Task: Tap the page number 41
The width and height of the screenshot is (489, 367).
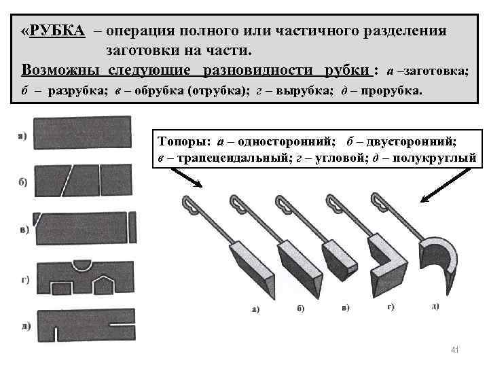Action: click(x=455, y=349)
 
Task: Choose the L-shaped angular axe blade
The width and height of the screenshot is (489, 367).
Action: click(x=389, y=261)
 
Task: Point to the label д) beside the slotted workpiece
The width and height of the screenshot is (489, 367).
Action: click(x=25, y=326)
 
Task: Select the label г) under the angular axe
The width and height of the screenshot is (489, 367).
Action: click(x=391, y=307)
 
